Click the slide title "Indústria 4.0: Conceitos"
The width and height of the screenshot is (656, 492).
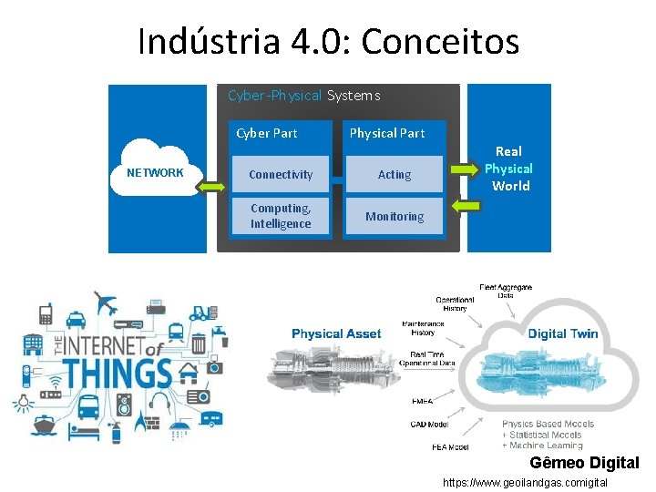[328, 41]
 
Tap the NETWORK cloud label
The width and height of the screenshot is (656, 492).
[155, 172]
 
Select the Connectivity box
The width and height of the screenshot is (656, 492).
[281, 174]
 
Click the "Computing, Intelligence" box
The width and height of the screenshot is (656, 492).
[281, 216]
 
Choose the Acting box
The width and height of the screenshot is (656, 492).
[395, 174]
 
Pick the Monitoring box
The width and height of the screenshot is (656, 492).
[395, 216]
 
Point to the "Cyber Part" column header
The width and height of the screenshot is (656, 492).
[267, 133]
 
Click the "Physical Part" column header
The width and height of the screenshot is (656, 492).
[387, 133]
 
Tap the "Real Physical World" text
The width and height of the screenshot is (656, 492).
[509, 169]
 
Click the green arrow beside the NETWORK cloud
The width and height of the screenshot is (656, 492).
[212, 187]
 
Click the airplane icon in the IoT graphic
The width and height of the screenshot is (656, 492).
[106, 302]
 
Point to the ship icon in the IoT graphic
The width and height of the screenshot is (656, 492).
[45, 425]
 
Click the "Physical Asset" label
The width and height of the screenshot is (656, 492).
[336, 333]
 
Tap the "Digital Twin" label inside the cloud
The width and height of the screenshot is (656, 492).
[563, 333]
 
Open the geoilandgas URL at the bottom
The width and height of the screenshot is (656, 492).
[525, 482]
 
